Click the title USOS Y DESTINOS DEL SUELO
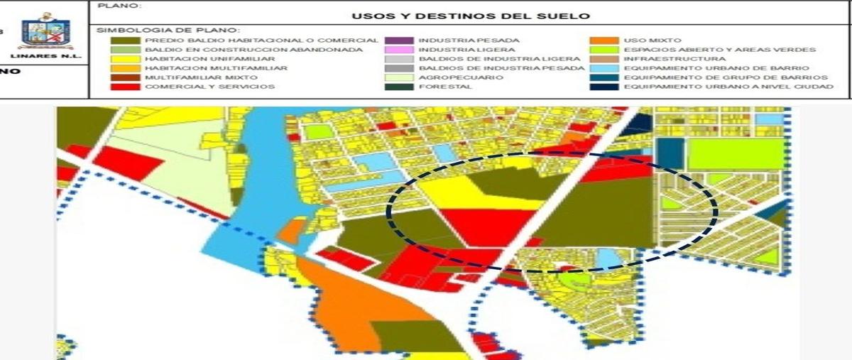click(471, 16)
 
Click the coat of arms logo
click(46, 31)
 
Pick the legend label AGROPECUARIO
click(451, 77)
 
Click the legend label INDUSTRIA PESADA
click(459, 40)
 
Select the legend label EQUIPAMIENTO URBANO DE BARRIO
click(711, 68)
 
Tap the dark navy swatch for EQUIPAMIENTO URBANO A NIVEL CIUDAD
click(603, 87)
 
